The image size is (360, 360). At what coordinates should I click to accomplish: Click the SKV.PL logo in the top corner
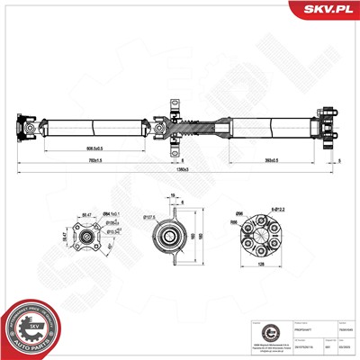[x=329, y=10]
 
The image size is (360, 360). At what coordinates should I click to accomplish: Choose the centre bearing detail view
[x=168, y=238]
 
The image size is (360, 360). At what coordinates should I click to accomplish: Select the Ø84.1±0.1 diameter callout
[x=114, y=211]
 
